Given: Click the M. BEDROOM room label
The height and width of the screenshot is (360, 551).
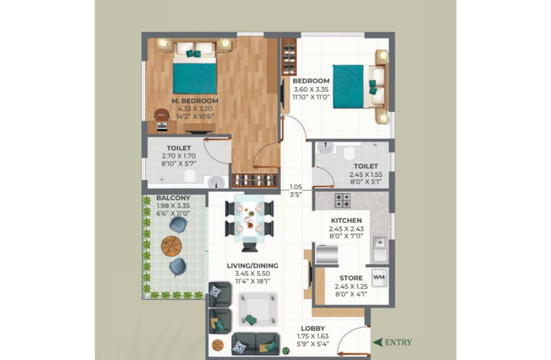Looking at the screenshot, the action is (x=195, y=101).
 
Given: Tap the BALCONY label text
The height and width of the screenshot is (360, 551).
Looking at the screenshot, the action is (x=173, y=198).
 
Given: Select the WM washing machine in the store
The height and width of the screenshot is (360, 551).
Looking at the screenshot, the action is (x=379, y=278).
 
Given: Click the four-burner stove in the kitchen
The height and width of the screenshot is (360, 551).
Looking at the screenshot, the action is (x=342, y=200).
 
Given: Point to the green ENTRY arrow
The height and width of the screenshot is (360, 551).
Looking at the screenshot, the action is (x=377, y=342).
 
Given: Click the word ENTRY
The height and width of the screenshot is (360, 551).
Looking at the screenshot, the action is (x=398, y=342).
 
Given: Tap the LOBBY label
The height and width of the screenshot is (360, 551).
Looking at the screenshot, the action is (x=313, y=329).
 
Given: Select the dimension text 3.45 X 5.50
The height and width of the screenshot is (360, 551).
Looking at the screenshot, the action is (x=253, y=274).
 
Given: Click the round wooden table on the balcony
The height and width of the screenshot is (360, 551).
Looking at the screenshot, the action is (x=172, y=246).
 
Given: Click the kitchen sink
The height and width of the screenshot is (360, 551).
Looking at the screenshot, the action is (x=379, y=242).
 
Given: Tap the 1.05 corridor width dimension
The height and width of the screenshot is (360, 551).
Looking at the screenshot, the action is (x=296, y=187).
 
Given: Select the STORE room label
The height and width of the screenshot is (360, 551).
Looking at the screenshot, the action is (x=351, y=278).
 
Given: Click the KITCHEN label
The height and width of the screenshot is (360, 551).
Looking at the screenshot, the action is (x=346, y=221).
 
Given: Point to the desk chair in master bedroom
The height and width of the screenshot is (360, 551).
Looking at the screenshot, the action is (x=162, y=115).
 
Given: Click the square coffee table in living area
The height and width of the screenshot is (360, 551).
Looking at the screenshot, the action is (x=257, y=309).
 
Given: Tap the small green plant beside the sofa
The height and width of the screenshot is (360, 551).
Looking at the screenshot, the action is (x=286, y=351).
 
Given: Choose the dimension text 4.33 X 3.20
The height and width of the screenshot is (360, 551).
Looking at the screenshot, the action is (x=195, y=109).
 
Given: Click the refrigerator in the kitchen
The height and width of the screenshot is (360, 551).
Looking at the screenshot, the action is (x=326, y=254).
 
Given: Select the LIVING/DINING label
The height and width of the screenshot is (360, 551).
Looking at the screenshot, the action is (x=252, y=266).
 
